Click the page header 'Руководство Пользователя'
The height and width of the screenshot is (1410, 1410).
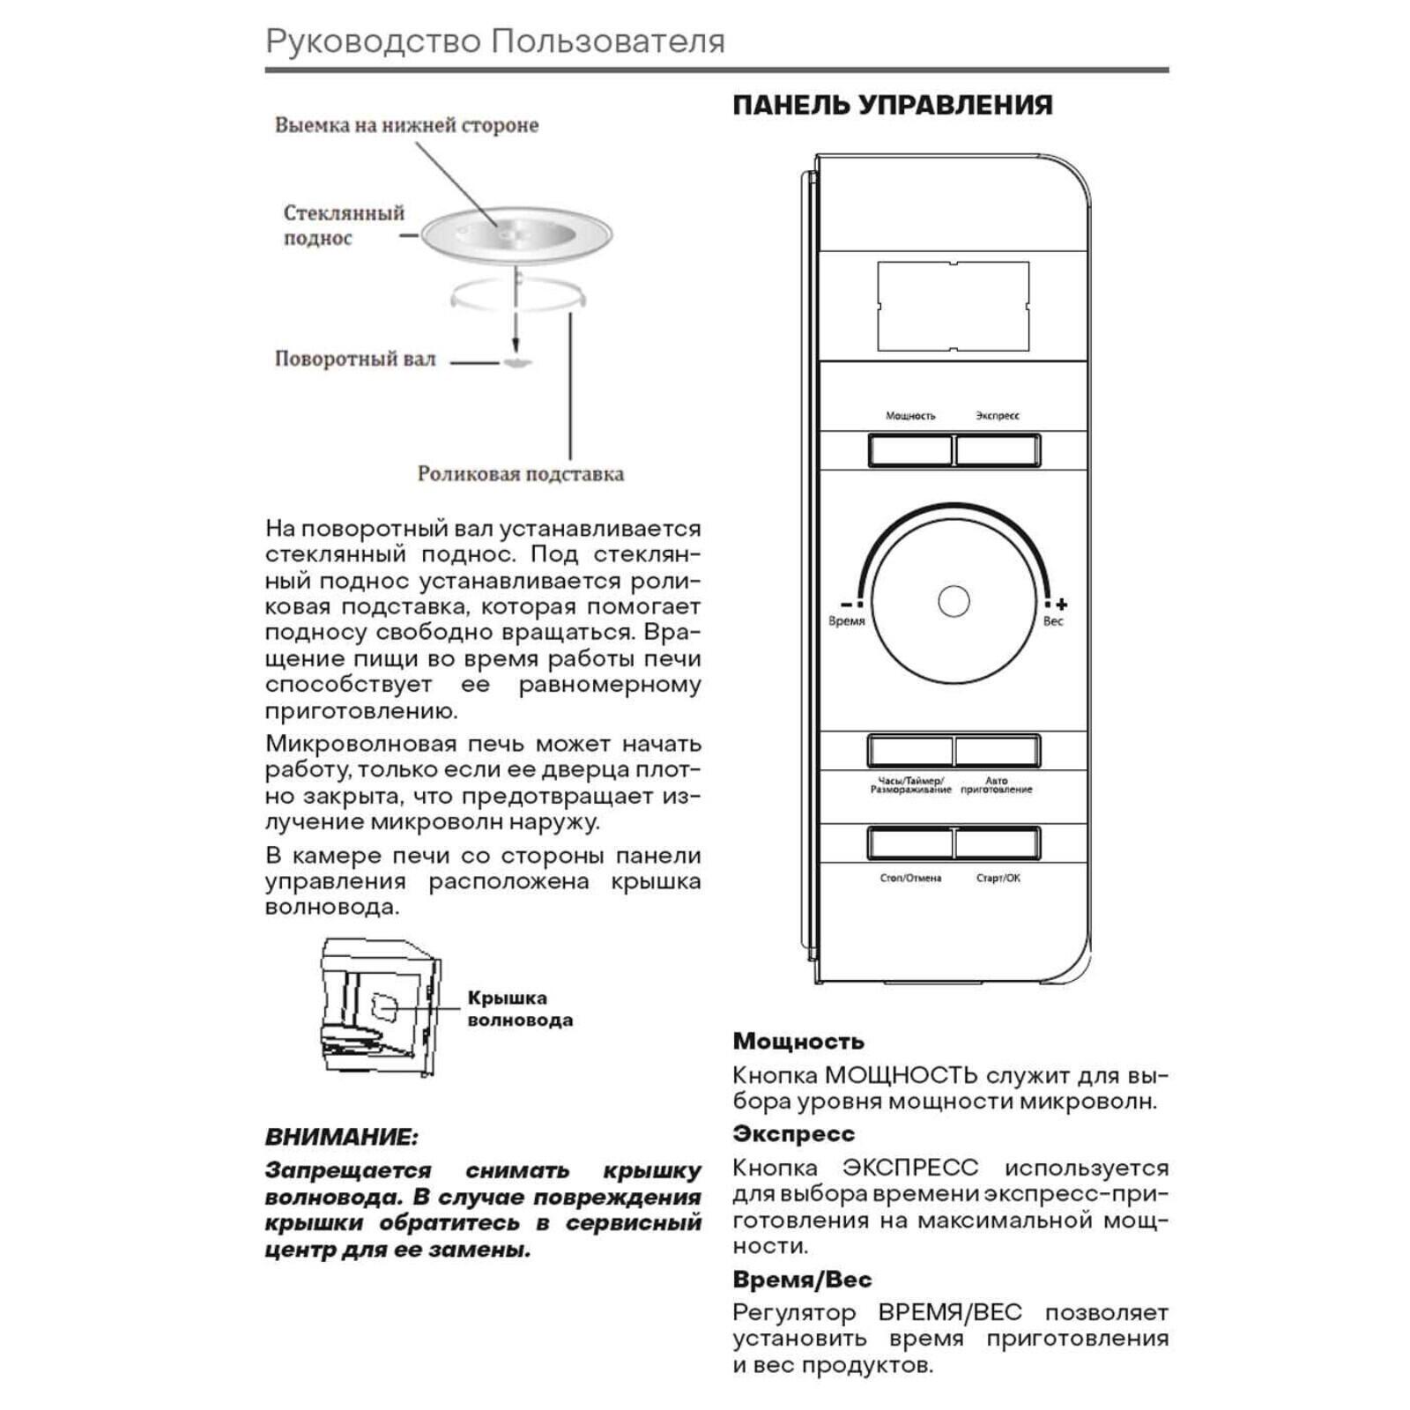[494, 41]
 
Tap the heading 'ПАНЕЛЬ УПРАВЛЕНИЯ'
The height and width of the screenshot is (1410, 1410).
[892, 105]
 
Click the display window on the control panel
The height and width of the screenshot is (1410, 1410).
[953, 306]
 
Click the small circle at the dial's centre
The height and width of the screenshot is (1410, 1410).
[953, 602]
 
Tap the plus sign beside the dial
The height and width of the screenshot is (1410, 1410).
[1062, 605]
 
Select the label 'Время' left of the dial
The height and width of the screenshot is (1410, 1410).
[846, 621]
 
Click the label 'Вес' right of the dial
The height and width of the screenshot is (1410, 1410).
[1053, 621]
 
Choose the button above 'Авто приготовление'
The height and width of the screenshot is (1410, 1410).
[997, 751]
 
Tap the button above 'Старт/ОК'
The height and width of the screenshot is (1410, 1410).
[997, 843]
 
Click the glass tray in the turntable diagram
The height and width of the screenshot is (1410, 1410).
[516, 235]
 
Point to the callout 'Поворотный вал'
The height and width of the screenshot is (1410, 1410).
[355, 360]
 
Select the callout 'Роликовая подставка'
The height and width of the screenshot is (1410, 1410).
[520, 474]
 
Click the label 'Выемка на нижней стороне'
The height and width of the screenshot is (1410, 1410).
[406, 125]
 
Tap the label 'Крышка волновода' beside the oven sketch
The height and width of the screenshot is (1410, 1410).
[519, 1009]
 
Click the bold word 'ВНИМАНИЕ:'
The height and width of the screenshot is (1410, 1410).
[341, 1137]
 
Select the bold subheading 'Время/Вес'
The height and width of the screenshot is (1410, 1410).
[802, 1280]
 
